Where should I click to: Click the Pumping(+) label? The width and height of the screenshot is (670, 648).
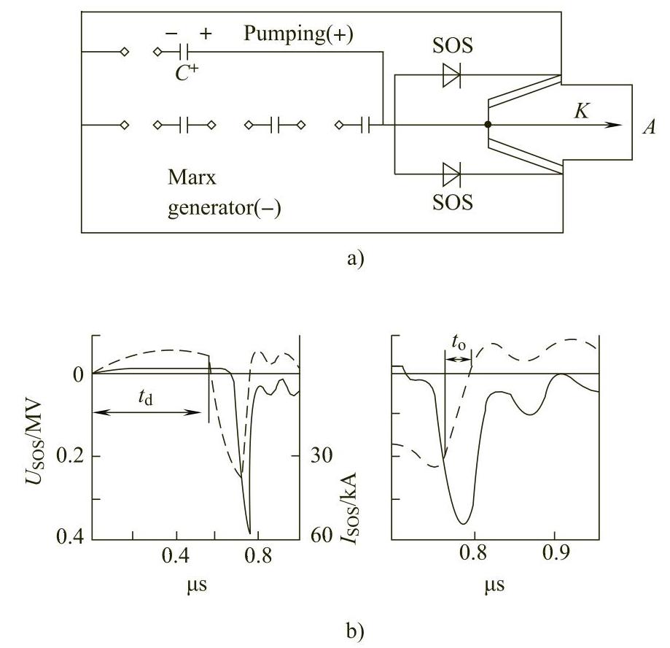tap(298, 35)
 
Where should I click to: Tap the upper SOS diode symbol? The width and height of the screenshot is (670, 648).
tap(451, 75)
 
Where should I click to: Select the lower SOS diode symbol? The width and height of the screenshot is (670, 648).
tap(451, 174)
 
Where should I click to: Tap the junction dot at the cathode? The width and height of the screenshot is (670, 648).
tap(488, 125)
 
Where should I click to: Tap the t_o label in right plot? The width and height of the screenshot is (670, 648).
tap(458, 342)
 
